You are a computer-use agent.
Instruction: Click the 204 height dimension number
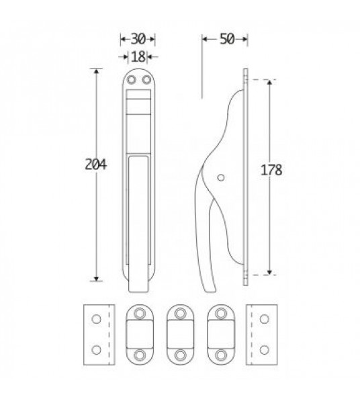pyautogui.click(x=97, y=164)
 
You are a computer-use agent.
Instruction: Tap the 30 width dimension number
pyautogui.click(x=138, y=39)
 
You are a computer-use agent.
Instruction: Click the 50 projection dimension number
pyautogui.click(x=226, y=39)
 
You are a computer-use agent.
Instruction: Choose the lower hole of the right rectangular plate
pyautogui.click(x=263, y=349)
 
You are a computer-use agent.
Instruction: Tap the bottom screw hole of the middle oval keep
pyautogui.click(x=179, y=354)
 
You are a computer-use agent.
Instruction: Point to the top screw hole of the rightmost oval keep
pyautogui.click(x=220, y=313)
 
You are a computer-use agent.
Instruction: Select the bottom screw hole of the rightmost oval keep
pyautogui.click(x=220, y=354)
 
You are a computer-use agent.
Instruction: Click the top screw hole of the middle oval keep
pyautogui.click(x=179, y=313)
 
